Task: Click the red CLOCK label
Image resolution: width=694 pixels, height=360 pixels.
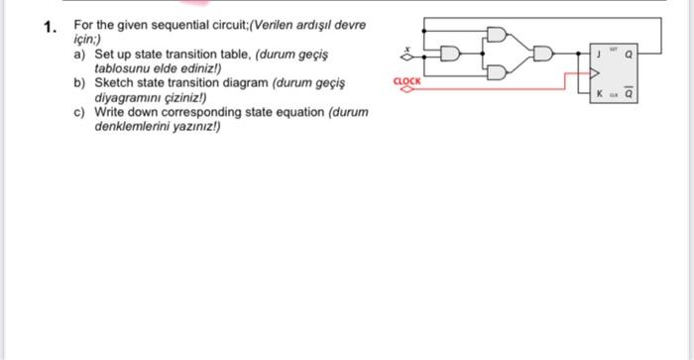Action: click(x=406, y=80)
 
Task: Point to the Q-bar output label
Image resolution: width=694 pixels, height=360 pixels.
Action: click(x=628, y=95)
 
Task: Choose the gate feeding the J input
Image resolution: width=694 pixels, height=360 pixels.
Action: click(x=543, y=53)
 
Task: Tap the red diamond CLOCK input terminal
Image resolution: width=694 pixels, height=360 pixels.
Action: click(x=406, y=89)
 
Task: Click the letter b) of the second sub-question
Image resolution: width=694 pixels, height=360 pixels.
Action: click(x=80, y=85)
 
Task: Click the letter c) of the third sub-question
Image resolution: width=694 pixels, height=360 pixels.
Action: click(x=80, y=113)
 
